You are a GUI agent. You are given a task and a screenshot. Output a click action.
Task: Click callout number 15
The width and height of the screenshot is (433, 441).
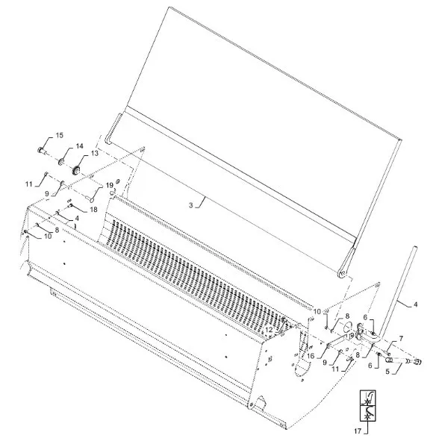60,135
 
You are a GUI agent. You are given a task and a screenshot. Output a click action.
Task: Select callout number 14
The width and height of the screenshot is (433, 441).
79,146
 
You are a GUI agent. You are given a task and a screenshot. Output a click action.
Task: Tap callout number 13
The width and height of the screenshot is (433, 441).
95,153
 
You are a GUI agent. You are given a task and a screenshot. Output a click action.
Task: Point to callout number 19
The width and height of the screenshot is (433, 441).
110,185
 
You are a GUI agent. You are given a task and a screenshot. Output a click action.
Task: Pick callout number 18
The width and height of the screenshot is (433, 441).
93,210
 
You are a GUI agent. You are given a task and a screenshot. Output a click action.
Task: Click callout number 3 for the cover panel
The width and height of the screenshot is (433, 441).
191,205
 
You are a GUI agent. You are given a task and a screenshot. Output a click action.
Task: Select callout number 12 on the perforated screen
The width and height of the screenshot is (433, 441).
269,329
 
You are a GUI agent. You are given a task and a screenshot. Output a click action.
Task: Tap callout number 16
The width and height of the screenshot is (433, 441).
311,356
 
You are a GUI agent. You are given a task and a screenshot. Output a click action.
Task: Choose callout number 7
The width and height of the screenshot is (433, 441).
401,339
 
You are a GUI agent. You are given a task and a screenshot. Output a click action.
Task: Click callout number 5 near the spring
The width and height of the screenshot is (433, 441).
387,372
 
